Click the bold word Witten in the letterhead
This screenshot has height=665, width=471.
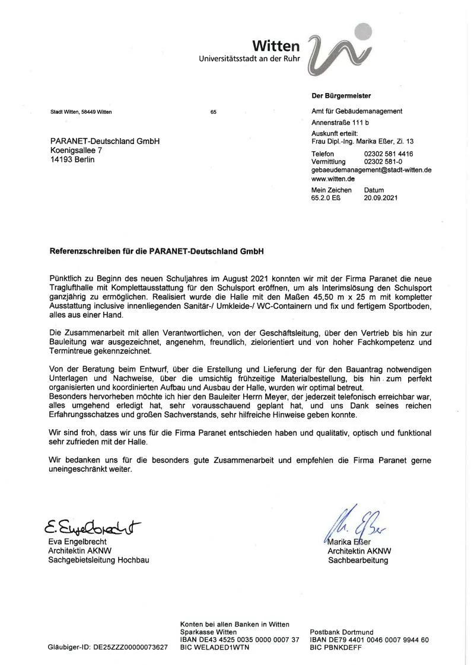coord(276,46)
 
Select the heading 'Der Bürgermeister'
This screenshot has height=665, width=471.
coord(341,95)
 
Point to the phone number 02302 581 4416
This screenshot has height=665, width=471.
coord(389,154)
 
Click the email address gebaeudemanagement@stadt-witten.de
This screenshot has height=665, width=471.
coord(371,170)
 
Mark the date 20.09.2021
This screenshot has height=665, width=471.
coord(380,198)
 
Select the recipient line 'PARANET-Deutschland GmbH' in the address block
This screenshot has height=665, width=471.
coord(105,141)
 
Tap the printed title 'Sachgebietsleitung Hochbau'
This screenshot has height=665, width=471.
coord(98,560)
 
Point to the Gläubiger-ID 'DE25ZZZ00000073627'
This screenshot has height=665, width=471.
coord(130,648)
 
